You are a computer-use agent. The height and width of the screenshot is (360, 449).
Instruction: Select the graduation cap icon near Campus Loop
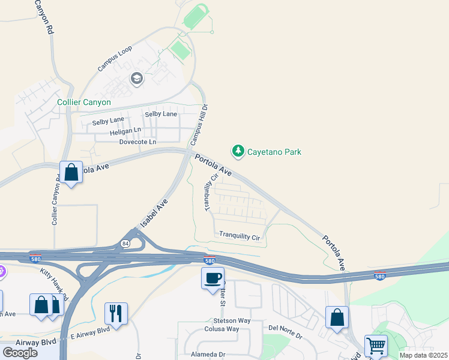(x=136, y=79)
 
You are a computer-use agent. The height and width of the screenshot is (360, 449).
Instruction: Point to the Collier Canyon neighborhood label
(x=84, y=103)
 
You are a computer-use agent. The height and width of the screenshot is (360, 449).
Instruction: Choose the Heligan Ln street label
(x=125, y=131)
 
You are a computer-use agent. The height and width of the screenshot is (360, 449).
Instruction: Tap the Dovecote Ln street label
(x=137, y=142)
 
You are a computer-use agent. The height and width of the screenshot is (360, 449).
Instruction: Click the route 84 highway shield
(x=125, y=244)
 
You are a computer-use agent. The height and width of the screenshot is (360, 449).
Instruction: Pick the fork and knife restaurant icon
(x=116, y=313)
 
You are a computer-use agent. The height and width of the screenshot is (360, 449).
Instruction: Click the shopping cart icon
(x=376, y=346)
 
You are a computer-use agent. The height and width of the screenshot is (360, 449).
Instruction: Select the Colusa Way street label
(x=221, y=329)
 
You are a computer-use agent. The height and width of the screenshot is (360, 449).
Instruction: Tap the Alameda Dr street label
(x=205, y=355)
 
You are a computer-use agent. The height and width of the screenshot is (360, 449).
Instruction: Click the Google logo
(x=20, y=352)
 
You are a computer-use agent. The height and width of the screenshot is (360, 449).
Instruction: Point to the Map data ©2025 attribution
(x=423, y=355)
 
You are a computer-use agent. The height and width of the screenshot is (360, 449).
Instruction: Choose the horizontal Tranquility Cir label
(x=240, y=236)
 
